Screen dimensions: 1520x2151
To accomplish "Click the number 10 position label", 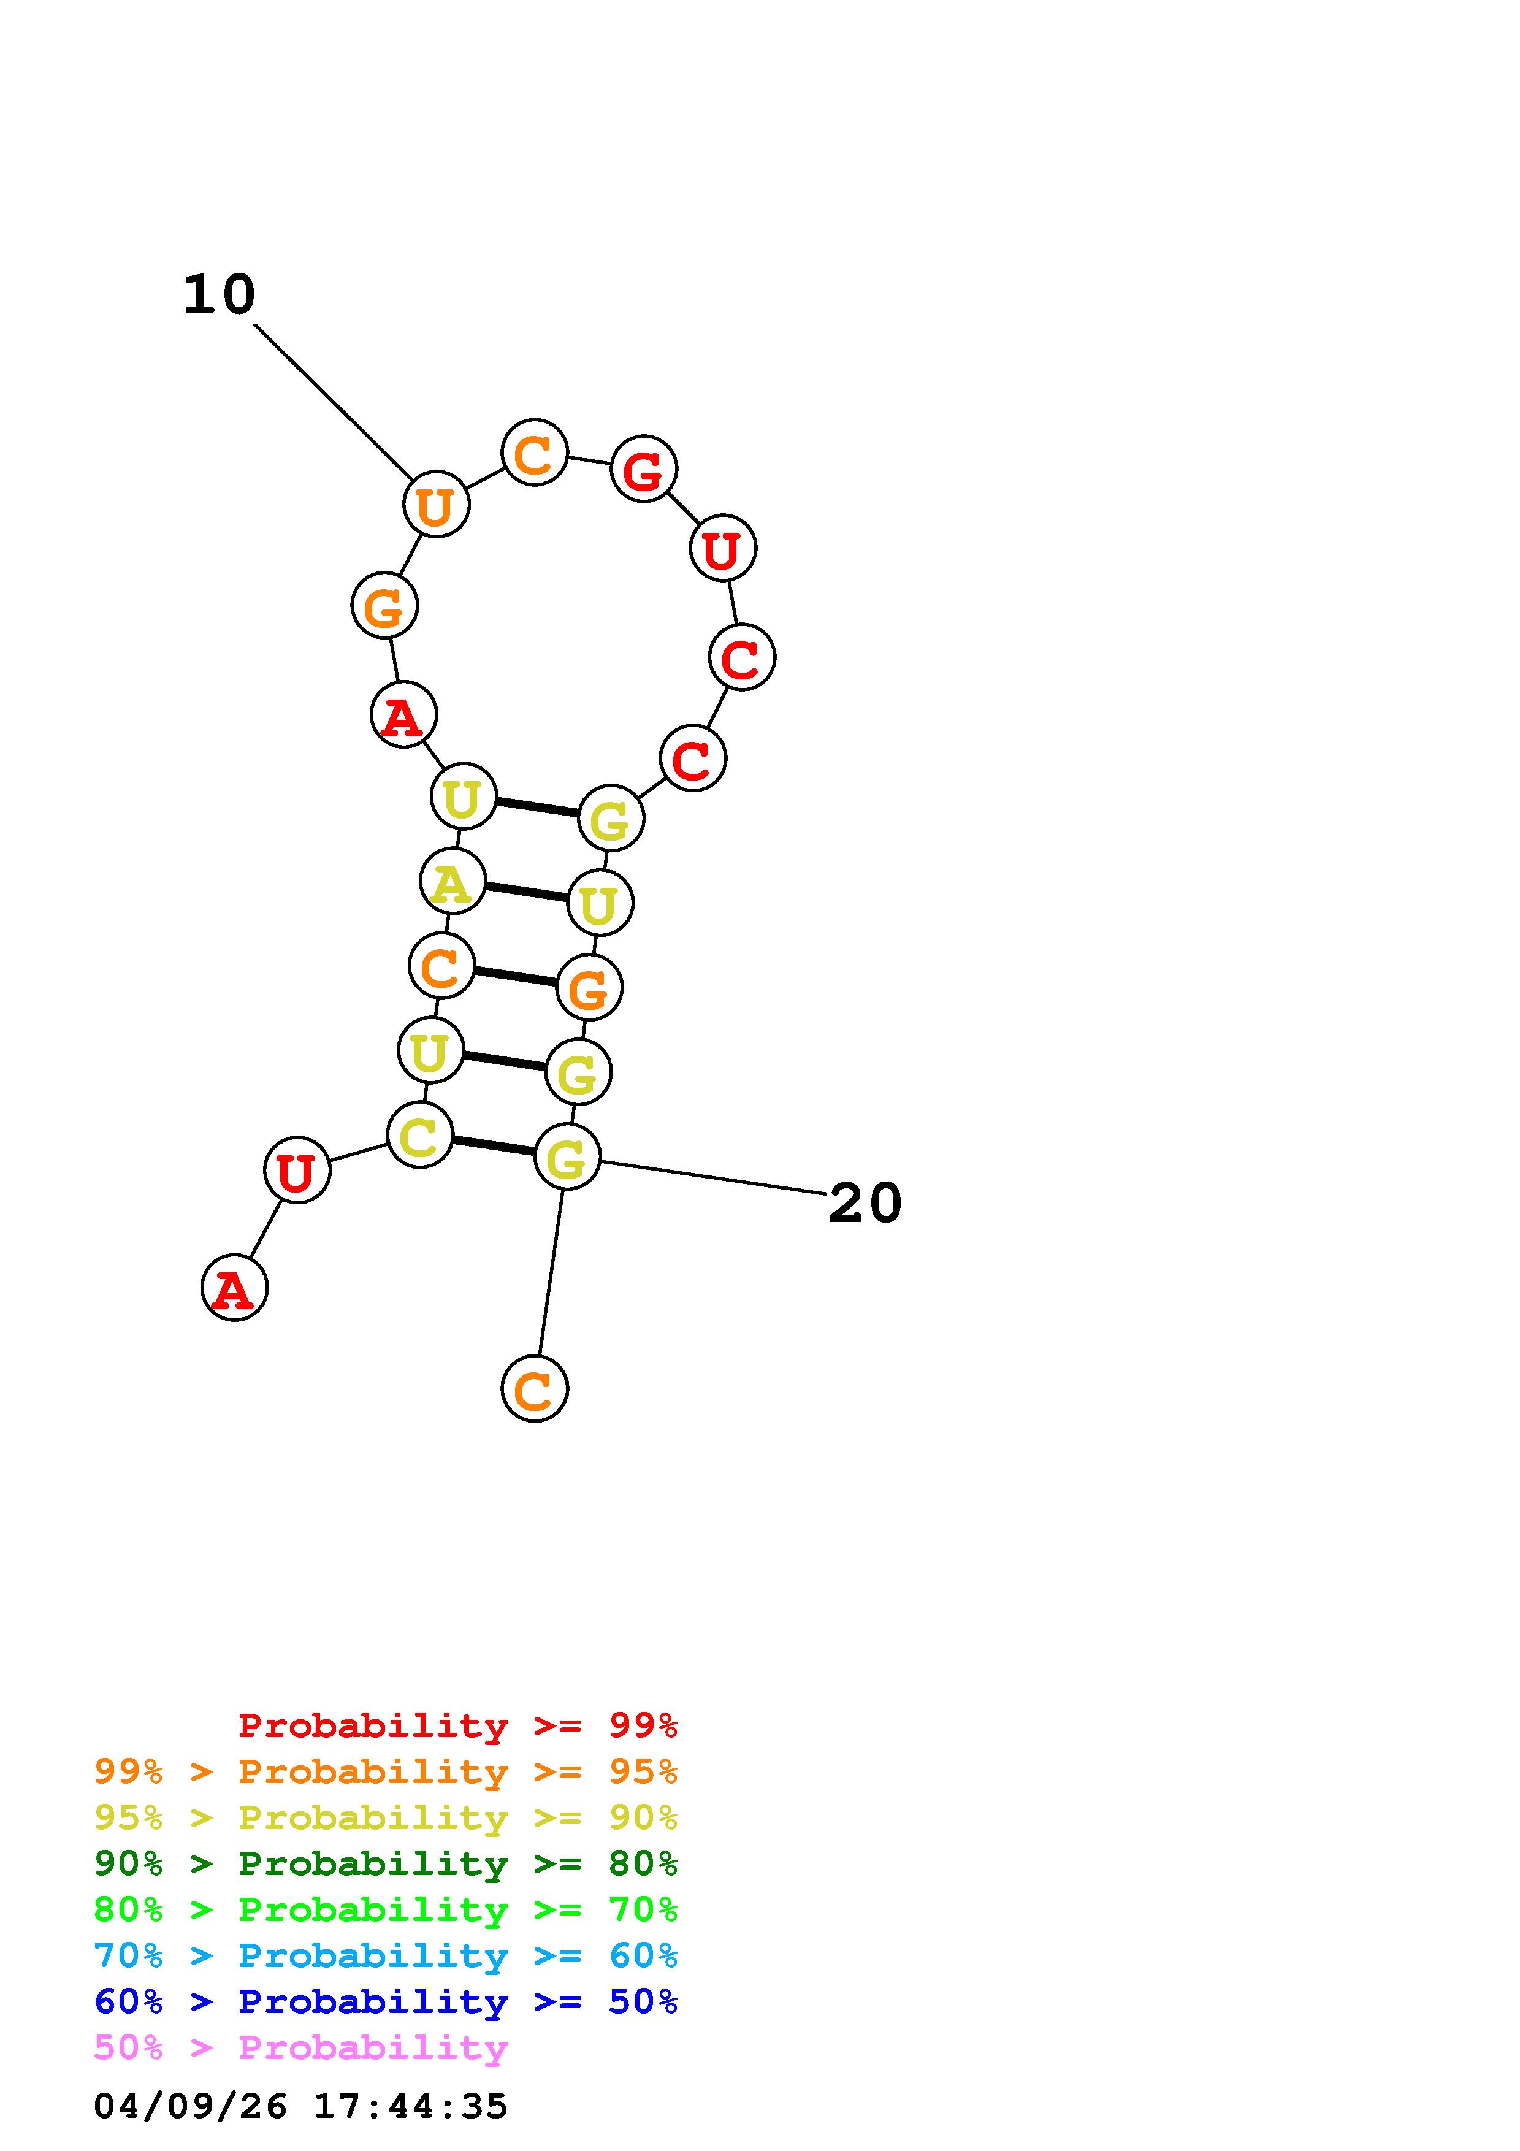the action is [219, 295].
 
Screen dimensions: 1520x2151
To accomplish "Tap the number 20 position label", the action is [865, 1203].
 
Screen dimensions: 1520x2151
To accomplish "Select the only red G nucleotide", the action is [643, 468].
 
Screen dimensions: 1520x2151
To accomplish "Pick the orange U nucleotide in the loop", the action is [435, 505].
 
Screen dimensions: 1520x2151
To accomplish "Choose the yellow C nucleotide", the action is [419, 1136].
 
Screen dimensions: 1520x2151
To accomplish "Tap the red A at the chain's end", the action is [234, 1288].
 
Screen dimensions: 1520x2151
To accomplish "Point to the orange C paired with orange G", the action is [441, 966].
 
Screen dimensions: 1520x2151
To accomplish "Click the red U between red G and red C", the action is [722, 548].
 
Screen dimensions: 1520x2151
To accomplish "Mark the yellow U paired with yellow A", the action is [600, 903].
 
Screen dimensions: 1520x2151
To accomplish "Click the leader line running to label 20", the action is [712, 1178].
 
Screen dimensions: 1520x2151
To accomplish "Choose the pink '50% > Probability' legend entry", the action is [300, 2048].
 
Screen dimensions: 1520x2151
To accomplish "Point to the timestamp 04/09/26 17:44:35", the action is [300, 2107].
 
